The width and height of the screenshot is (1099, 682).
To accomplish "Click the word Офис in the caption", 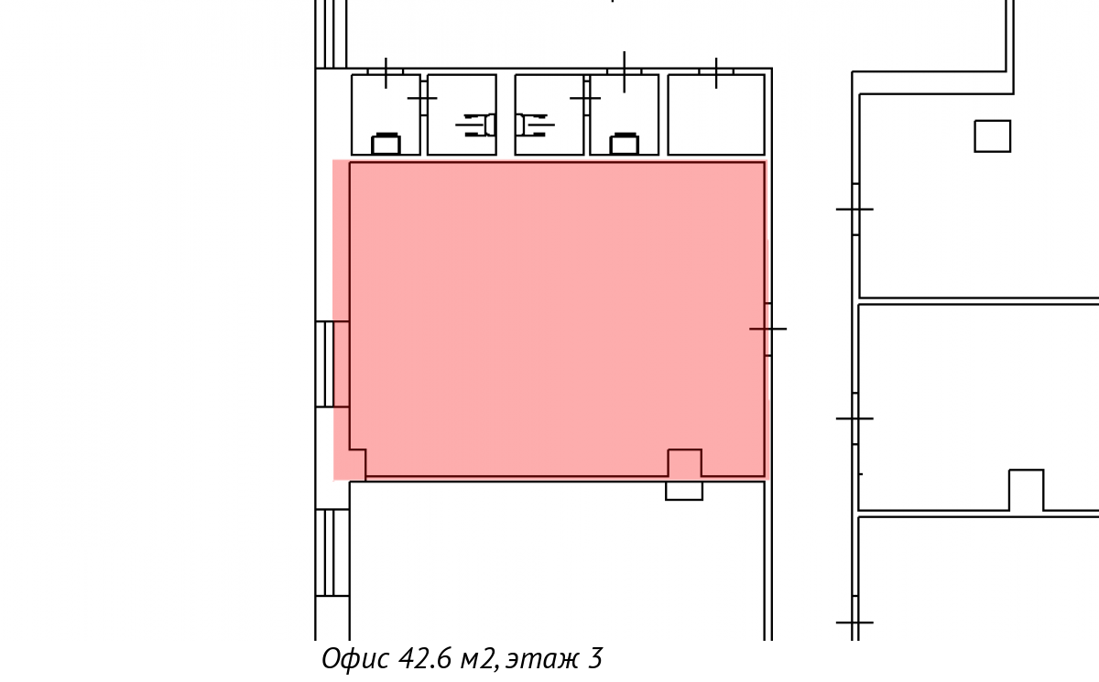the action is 355,658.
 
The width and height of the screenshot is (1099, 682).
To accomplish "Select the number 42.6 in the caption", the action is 424,658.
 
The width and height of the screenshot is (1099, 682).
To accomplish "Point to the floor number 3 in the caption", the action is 594,658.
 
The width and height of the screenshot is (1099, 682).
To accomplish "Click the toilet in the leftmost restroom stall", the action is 386,143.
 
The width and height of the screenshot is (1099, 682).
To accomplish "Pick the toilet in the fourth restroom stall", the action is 624,143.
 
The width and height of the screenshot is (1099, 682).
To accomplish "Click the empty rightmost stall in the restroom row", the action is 716,114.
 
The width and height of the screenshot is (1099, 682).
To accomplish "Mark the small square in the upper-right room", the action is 993,135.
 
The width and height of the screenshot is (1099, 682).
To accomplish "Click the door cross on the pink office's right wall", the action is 767,329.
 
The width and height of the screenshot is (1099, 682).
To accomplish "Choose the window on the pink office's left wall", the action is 332,364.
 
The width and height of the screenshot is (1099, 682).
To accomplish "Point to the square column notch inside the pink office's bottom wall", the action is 685,462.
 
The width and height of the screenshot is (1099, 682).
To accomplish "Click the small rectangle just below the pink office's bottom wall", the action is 684,491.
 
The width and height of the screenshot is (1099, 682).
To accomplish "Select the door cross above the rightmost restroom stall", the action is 716,73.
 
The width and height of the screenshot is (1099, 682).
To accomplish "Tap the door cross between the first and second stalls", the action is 422,99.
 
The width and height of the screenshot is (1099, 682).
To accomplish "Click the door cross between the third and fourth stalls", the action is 585,99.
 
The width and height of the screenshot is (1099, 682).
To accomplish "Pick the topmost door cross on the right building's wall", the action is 854,210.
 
